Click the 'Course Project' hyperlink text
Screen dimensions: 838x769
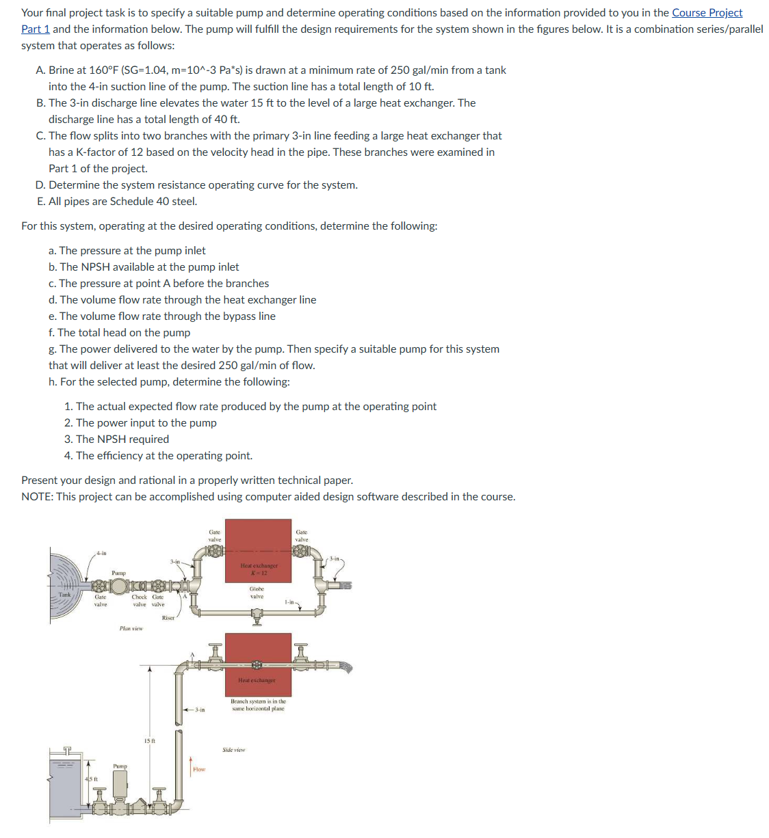point(707,13)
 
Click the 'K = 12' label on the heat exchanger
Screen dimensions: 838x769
point(259,573)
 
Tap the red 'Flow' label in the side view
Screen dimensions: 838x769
point(199,770)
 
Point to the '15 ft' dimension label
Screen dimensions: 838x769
point(149,741)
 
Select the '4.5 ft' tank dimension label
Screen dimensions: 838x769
point(91,779)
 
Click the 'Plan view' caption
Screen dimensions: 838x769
point(131,628)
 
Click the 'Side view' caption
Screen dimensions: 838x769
point(233,750)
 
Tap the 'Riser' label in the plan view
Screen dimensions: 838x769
point(168,618)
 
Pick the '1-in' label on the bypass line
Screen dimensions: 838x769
point(289,602)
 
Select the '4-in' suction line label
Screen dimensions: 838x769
point(101,553)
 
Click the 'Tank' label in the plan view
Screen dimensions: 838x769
point(64,595)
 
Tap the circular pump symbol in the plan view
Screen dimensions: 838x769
point(120,586)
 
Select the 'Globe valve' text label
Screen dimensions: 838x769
point(257,593)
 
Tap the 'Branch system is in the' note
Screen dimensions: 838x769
point(258,701)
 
